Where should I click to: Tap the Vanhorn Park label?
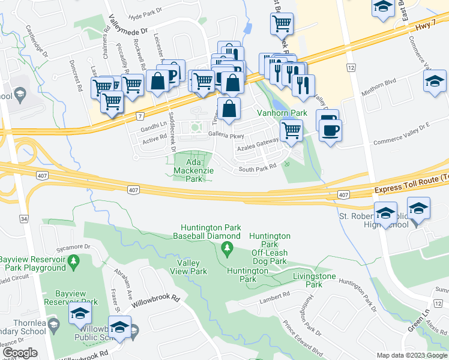tap(282, 113)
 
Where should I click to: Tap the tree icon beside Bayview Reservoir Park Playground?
tap(73, 262)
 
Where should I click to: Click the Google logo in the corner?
tap(20, 353)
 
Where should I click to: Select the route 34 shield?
tap(23, 220)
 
